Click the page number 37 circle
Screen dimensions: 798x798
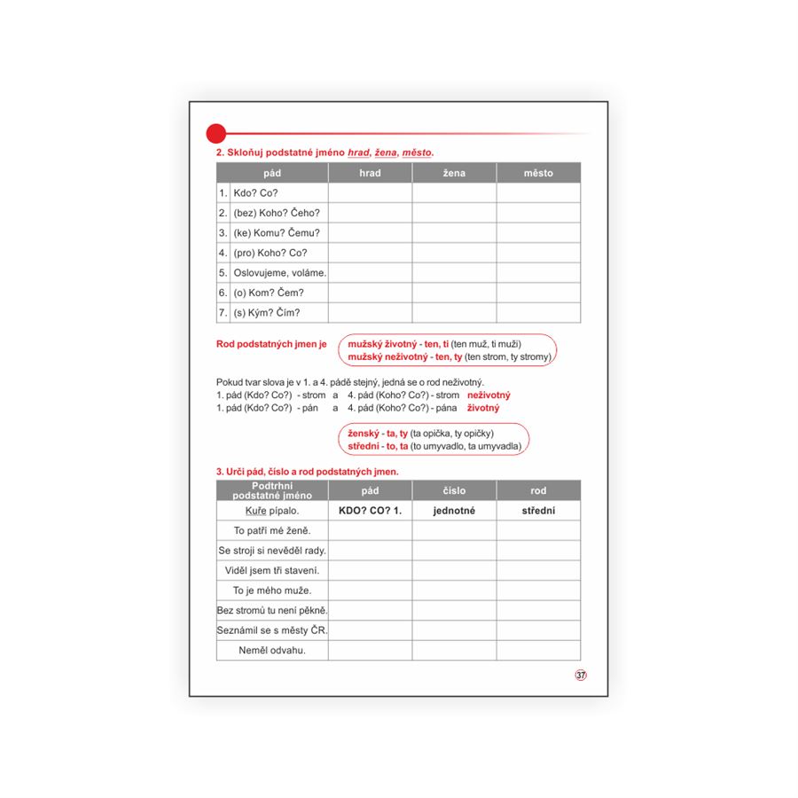pos(581,676)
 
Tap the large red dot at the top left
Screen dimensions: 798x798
pos(215,134)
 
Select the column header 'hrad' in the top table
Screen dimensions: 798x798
pos(370,173)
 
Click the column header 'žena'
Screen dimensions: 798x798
pos(454,173)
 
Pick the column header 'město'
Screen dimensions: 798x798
pos(538,173)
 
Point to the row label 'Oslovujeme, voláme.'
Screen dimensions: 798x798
pos(279,272)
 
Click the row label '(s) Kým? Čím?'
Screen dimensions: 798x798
pos(267,312)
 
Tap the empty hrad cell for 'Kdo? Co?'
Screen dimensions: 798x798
pos(370,192)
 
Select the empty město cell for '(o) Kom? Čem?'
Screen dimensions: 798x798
pos(538,293)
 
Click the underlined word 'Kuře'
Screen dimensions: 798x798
pos(255,511)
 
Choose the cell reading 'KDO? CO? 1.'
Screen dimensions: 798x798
pos(370,511)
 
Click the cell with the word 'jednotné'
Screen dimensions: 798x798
pos(454,511)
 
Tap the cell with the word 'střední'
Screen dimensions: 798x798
pos(538,511)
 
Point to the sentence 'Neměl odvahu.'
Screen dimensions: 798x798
pos(272,650)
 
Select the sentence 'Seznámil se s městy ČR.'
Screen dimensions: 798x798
pos(272,630)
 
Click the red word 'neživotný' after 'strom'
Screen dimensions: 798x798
pos(489,395)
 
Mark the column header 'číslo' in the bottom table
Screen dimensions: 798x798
pos(454,490)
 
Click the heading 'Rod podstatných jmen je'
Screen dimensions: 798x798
pos(271,343)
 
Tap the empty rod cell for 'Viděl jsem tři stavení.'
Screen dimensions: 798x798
pos(538,570)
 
